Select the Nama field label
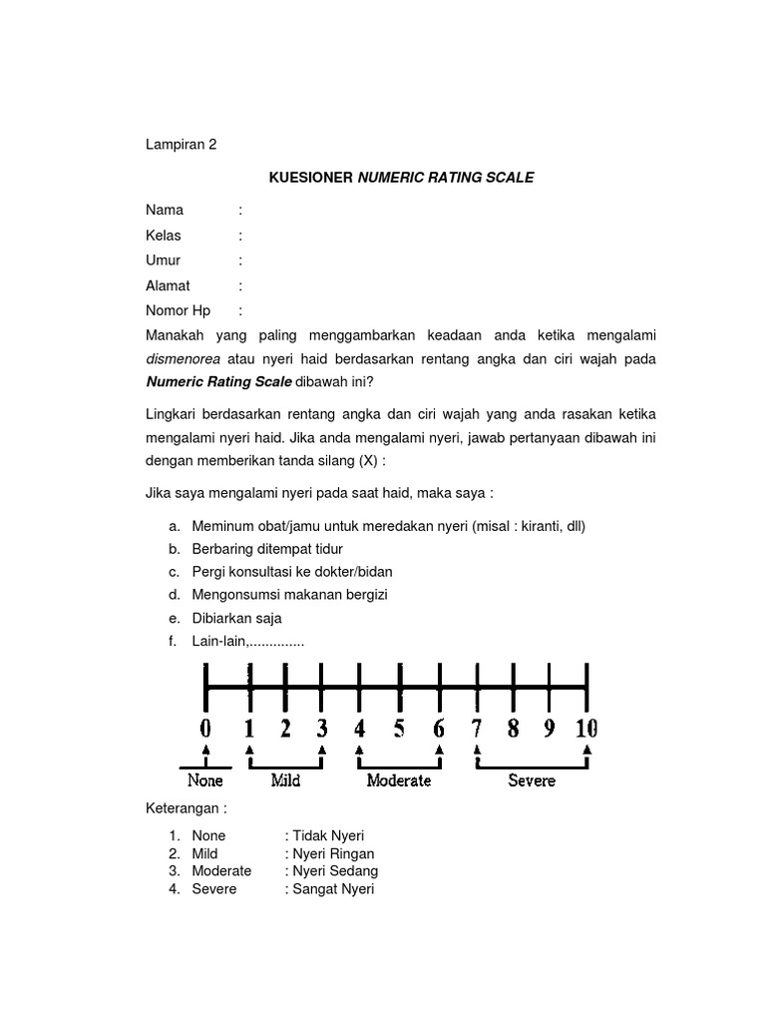coord(165,211)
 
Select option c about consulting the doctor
coord(292,572)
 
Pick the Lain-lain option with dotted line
coord(247,642)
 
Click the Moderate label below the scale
coord(399,780)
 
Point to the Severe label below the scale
coord(532,780)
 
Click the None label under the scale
coord(205,780)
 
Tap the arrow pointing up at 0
coord(205,751)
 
